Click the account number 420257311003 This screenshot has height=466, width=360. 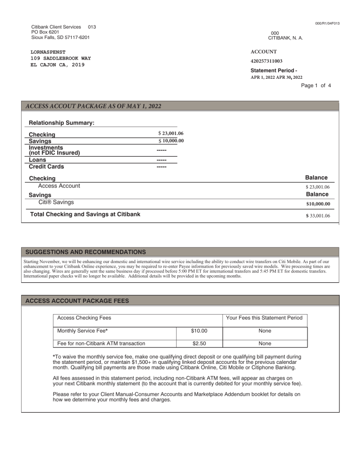[266, 61]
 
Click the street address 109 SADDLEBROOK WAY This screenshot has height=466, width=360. [60, 59]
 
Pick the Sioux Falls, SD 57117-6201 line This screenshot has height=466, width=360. [60, 38]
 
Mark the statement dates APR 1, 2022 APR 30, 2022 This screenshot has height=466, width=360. [277, 77]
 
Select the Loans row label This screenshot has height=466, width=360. [37, 160]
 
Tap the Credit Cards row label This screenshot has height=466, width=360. [46, 166]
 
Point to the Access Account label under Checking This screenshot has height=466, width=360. [59, 186]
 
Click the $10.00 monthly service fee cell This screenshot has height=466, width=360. [199, 331]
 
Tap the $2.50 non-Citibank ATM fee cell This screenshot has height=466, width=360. [199, 343]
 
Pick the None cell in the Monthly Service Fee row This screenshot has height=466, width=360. [264, 331]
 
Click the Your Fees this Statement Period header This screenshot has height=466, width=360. [264, 318]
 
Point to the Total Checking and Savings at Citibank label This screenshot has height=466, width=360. [85, 214]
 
